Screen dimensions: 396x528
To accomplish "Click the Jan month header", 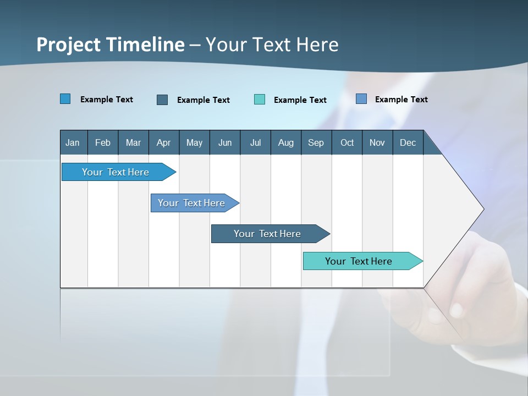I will click(x=73, y=143).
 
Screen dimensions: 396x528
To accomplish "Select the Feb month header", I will click(x=103, y=143).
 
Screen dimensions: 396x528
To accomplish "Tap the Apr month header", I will click(x=164, y=143).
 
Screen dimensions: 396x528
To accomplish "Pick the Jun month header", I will click(x=225, y=143).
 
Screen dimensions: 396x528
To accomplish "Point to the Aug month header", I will click(x=286, y=143).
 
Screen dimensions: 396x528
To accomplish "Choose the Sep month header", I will click(x=316, y=143).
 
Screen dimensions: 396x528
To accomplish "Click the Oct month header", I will click(x=347, y=143).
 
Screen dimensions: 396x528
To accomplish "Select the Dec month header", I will click(x=408, y=143).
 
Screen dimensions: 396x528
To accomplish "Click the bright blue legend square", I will click(x=65, y=99).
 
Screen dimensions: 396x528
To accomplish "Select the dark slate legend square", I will click(x=162, y=100).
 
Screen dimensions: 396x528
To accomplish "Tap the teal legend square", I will click(x=260, y=100).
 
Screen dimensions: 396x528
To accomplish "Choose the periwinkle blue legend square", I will click(x=361, y=99).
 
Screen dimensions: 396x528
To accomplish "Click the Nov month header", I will click(x=377, y=143).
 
